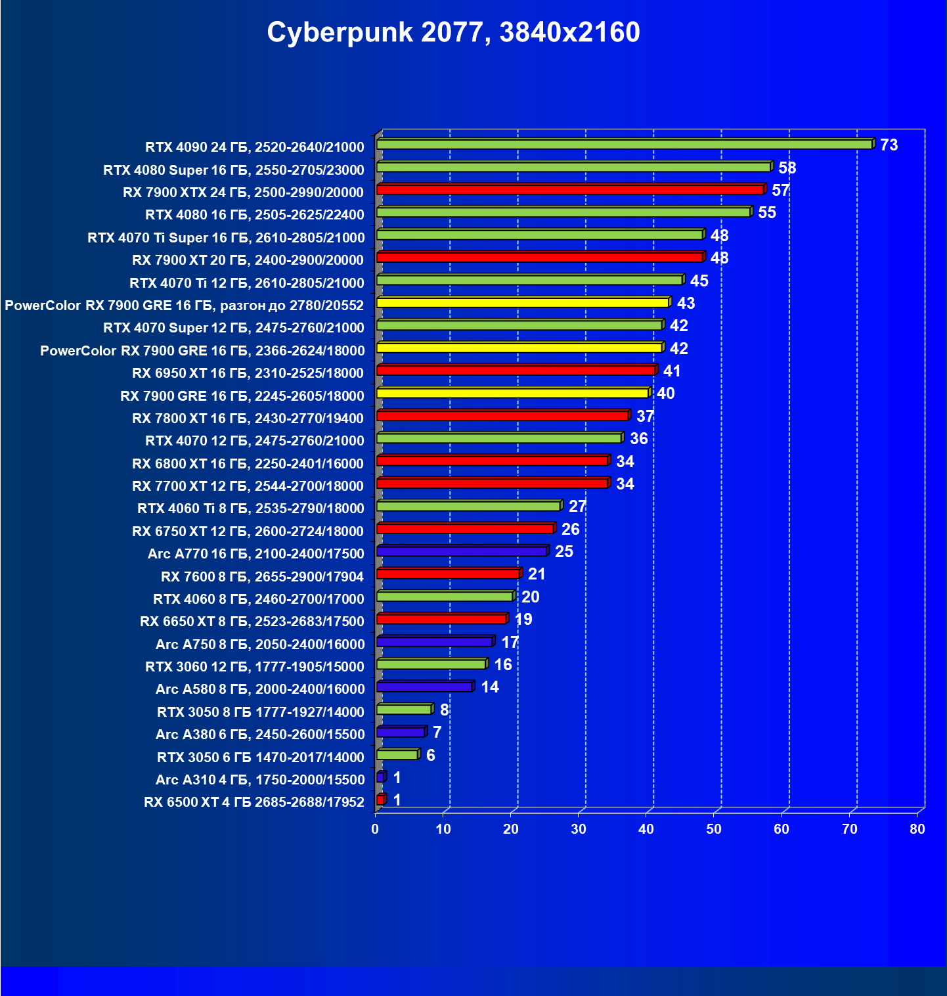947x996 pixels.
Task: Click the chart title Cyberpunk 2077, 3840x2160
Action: pos(453,32)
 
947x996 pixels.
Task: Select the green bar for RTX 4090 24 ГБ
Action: pos(624,145)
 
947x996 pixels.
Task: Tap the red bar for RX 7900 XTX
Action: pos(570,190)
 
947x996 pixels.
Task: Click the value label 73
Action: pos(889,145)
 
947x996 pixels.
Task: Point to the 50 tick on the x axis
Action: pos(714,829)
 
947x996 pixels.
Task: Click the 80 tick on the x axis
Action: pos(917,829)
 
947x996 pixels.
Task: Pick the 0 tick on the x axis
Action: pos(375,829)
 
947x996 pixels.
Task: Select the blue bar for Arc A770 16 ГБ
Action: pos(462,551)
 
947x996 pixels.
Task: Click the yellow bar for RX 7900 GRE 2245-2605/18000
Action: pos(512,394)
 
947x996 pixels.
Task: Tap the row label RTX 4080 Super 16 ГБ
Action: pos(234,170)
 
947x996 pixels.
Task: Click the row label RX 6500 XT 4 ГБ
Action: pos(254,802)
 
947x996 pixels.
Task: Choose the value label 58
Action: pos(787,168)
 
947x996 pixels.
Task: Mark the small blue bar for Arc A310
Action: pos(380,777)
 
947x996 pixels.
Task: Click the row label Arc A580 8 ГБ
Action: pos(260,689)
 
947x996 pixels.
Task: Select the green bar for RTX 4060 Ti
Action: pos(468,506)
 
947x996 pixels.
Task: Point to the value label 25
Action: pos(563,551)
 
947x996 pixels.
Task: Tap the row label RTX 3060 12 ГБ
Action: pos(255,667)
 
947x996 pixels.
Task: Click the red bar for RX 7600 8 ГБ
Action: pos(448,574)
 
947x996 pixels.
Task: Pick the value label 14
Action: pos(490,687)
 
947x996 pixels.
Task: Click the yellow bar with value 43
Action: pos(523,303)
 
